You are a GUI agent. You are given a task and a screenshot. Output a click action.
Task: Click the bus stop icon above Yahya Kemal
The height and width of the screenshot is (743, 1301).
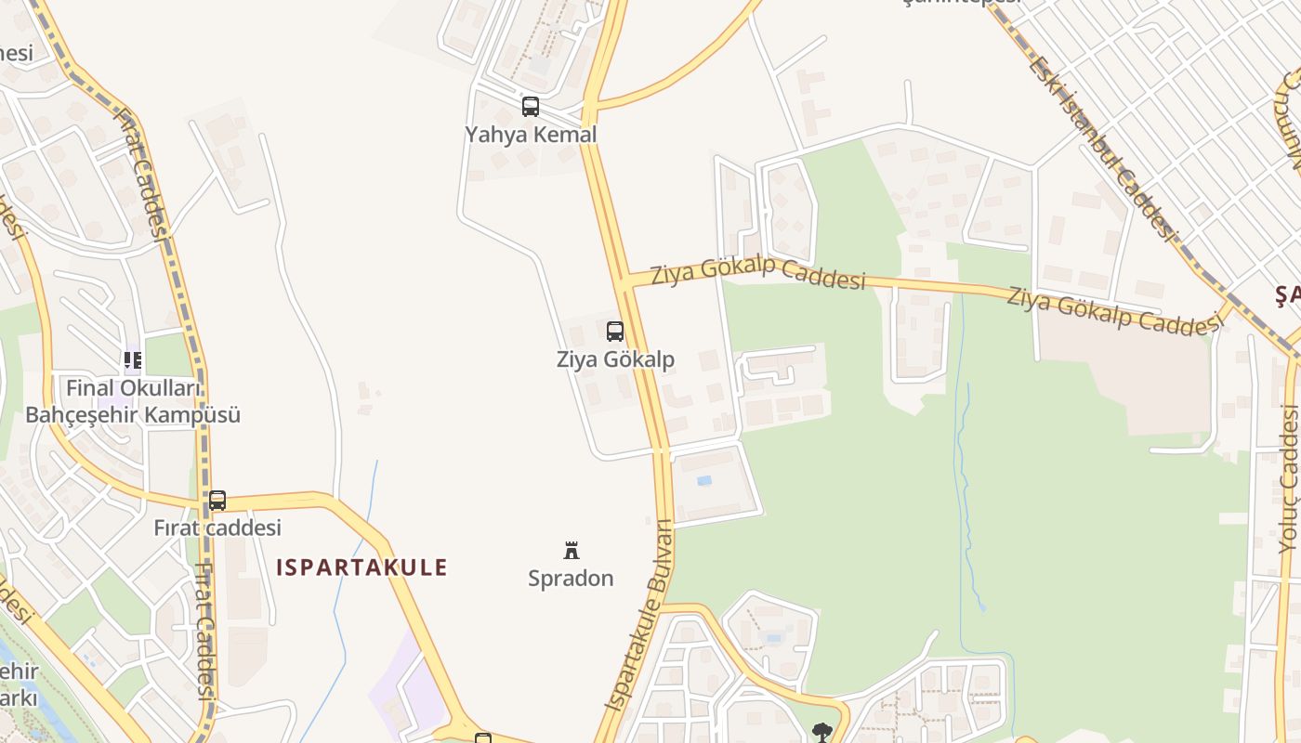click(530, 107)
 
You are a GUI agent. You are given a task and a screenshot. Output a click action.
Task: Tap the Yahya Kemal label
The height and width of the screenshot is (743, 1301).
click(531, 135)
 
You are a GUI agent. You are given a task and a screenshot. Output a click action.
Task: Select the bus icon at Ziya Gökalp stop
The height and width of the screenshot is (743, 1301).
click(614, 332)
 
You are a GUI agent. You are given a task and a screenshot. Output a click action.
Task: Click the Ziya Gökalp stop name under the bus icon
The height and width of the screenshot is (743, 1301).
click(615, 359)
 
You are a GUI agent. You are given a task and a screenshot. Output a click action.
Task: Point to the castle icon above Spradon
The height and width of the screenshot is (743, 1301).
click(572, 551)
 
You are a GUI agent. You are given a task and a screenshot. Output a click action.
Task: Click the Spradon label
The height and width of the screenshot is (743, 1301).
click(571, 579)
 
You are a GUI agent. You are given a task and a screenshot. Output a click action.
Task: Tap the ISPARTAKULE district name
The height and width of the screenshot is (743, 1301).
click(361, 567)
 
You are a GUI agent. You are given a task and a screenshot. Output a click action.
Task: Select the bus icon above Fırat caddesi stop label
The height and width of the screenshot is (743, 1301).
click(217, 501)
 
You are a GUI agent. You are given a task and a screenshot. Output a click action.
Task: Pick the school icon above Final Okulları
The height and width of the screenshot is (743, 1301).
click(133, 359)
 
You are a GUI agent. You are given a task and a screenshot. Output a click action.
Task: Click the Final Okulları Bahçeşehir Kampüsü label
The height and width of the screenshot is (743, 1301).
click(133, 401)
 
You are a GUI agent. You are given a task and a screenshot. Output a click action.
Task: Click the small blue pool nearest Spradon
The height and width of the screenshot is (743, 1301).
click(703, 480)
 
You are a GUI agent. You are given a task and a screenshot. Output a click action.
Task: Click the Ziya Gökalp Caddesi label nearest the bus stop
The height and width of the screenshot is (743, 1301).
click(757, 275)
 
